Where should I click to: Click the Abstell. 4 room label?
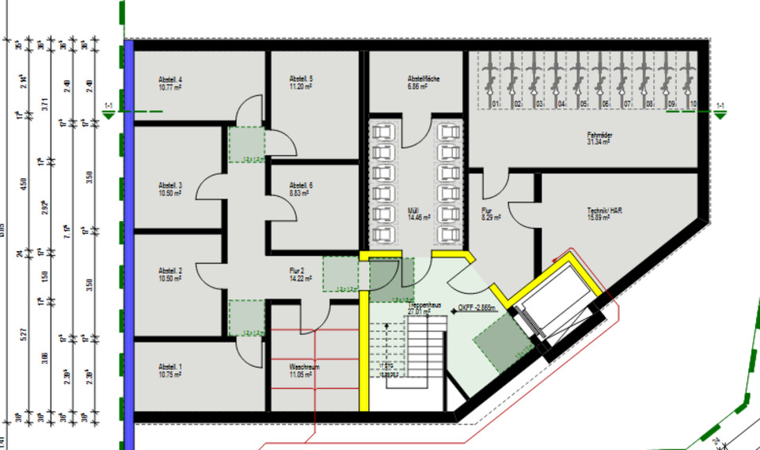tap(170, 80)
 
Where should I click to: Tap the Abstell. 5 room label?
tap(301, 79)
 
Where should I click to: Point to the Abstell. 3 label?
tap(170, 186)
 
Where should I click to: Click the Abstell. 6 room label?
tap(301, 185)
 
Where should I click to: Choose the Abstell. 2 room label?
tap(170, 270)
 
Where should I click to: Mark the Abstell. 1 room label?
tap(170, 367)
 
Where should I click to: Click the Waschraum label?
tap(304, 368)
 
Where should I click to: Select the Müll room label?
tap(414, 211)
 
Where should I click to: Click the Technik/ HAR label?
tap(599, 211)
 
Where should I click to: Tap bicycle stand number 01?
tap(495, 104)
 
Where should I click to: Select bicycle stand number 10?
tap(693, 104)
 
